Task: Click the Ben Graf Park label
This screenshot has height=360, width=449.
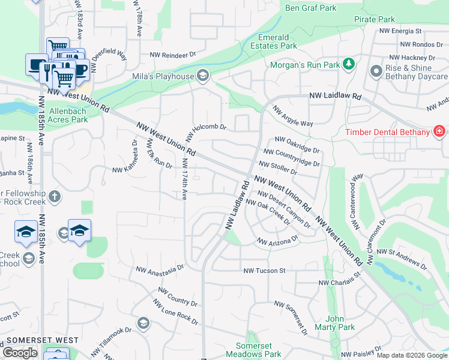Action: [312, 8]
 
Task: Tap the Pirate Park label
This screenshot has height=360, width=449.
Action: [374, 20]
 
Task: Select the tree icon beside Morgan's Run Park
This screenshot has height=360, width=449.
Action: [348, 64]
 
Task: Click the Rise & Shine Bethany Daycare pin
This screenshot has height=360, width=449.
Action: [376, 71]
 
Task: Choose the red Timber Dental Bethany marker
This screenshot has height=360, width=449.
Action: [439, 131]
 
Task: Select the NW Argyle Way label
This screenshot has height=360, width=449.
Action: [293, 116]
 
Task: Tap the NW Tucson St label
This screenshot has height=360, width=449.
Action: [264, 271]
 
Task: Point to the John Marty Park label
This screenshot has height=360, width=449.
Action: [339, 323]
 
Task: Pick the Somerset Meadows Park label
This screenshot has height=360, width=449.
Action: [259, 350]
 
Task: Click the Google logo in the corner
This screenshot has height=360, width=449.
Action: [20, 353]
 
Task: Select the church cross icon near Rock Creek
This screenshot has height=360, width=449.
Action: [55, 196]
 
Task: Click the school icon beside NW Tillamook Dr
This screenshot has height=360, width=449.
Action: [143, 324]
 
